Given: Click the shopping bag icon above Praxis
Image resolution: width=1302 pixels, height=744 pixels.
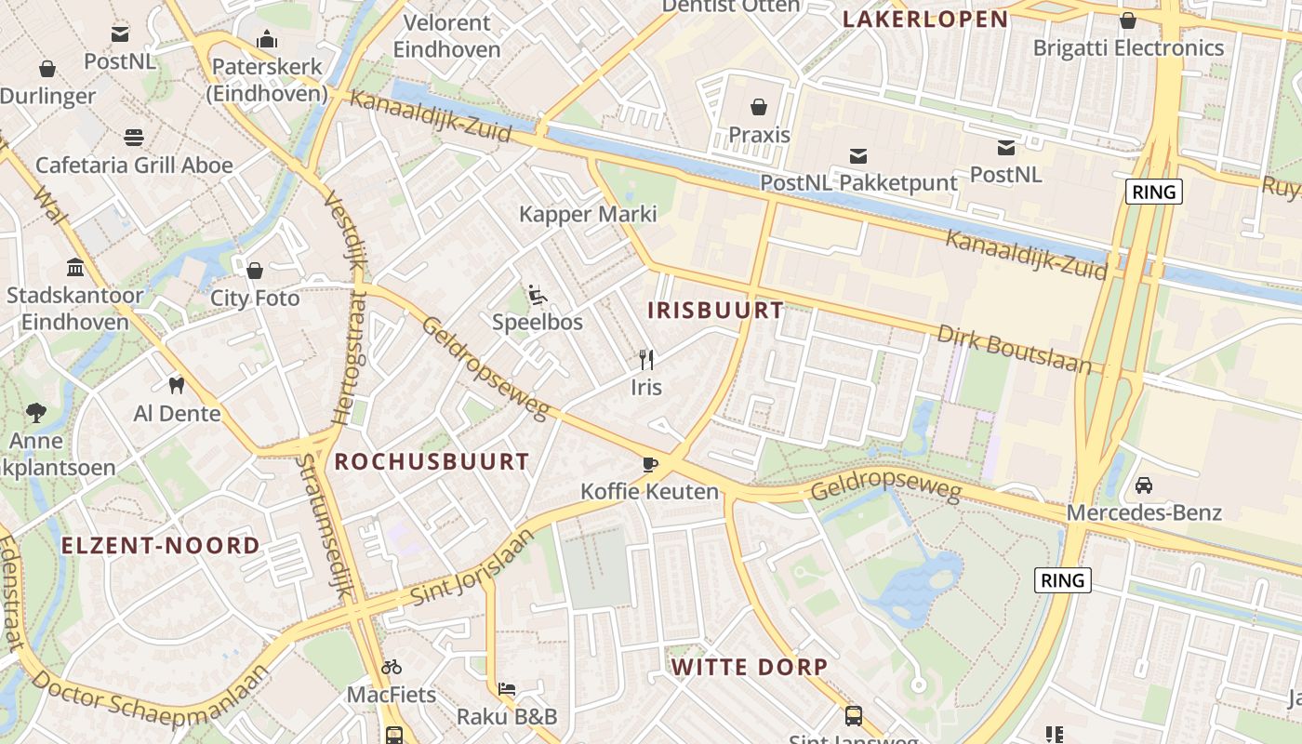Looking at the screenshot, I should click(x=759, y=106).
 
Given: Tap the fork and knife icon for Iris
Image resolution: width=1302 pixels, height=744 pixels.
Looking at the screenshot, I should click(x=646, y=360).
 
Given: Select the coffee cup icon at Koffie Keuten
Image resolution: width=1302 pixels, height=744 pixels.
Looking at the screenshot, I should click(x=649, y=464).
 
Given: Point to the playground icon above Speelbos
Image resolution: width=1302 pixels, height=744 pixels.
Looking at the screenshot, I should click(x=538, y=295).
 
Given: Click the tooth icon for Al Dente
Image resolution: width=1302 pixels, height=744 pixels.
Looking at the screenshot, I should click(x=176, y=385).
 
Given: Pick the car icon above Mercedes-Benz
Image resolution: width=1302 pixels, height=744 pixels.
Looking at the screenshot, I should click(x=1143, y=485).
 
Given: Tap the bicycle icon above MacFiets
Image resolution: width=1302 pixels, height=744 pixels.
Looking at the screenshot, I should click(x=392, y=667).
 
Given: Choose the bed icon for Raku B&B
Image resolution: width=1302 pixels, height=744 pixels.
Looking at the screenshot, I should click(x=507, y=689).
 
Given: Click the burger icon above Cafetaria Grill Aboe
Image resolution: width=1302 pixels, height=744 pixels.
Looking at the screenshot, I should click(x=134, y=138).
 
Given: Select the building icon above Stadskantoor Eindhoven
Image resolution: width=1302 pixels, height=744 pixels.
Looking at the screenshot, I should click(x=75, y=268).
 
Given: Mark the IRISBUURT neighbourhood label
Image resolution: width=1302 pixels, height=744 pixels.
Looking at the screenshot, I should click(x=715, y=311).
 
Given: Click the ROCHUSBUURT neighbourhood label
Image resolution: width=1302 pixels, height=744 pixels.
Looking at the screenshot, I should click(x=432, y=461).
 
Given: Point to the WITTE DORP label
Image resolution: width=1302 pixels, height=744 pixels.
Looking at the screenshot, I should click(x=750, y=667).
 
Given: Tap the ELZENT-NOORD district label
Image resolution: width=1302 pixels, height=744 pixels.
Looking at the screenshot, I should click(x=161, y=546).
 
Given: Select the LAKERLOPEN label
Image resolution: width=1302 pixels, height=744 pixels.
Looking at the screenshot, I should click(x=925, y=20).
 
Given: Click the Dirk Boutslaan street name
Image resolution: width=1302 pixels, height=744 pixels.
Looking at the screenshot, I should click(x=1014, y=349).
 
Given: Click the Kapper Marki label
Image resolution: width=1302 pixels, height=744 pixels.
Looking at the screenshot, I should click(x=588, y=214).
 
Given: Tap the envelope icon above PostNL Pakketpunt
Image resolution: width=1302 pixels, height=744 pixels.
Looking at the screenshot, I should click(x=857, y=155).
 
